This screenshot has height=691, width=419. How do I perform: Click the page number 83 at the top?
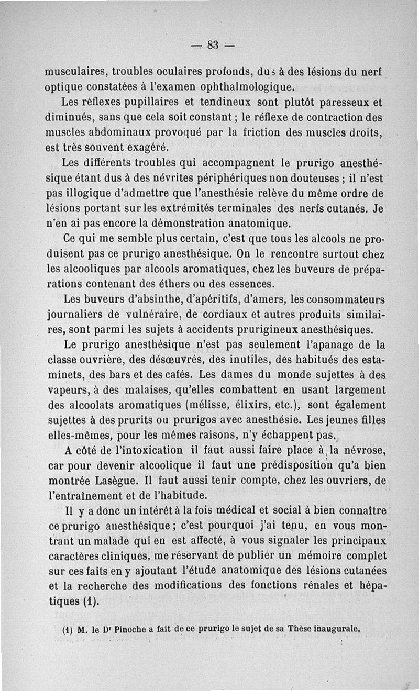tap(212, 45)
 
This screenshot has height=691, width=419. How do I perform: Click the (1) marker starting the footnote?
tap(66, 630)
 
